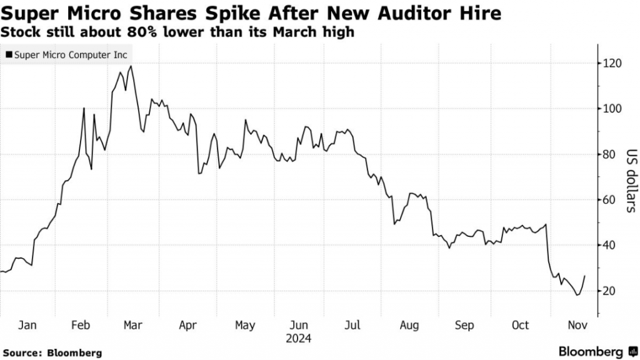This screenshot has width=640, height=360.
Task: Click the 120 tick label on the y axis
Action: (612, 64)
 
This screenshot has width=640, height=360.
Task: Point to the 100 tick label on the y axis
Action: (612, 109)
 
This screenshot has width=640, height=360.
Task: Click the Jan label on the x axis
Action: (27, 326)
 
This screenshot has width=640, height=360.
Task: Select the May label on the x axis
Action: (245, 326)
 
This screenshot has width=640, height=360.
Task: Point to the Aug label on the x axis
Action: (409, 326)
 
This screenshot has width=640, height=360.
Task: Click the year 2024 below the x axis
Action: (299, 339)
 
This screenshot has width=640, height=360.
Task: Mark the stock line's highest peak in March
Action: (131, 66)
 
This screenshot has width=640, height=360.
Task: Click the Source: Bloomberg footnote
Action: (52, 352)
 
